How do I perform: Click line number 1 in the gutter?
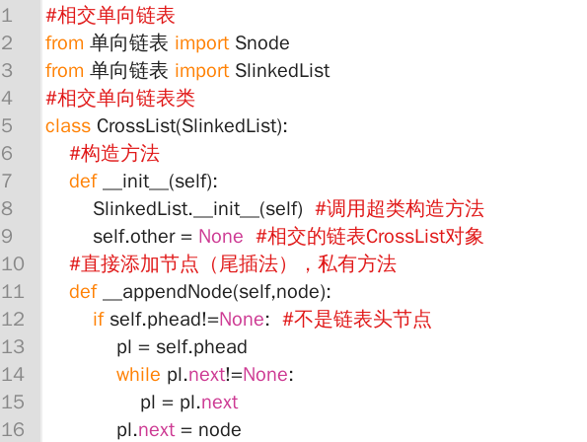[7, 16]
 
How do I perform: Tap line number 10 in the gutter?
[13, 263]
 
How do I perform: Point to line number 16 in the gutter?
[13, 429]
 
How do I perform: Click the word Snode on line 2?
[262, 43]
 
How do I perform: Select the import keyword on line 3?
[202, 71]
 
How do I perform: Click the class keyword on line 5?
[68, 125]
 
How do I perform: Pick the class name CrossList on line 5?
[136, 125]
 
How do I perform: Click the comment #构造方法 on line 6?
[114, 154]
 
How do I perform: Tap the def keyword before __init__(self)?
[83, 182]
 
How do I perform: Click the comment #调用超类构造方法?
[400, 209]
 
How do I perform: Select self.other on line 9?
[134, 237]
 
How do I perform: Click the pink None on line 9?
[221, 237]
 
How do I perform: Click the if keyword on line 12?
[98, 320]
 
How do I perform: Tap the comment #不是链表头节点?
[357, 320]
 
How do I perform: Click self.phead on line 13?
[201, 347]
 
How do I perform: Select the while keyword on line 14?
[138, 375]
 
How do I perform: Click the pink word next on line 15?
[220, 403]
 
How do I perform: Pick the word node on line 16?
[220, 430]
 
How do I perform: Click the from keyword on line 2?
[64, 43]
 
